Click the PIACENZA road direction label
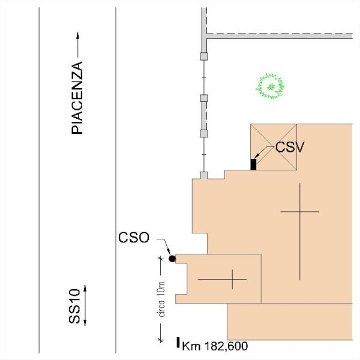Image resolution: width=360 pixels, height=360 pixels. point(77,98)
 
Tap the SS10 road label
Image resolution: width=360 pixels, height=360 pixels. point(74,306)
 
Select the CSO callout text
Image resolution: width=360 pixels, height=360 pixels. point(134,238)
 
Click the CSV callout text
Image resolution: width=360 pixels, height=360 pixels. point(290,147)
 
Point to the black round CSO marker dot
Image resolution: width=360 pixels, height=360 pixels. point(172,259)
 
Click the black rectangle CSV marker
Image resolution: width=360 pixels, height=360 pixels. point(253,164)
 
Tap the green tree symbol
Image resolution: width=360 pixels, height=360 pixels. point(270,86)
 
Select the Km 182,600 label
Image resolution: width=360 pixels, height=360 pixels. point(215,346)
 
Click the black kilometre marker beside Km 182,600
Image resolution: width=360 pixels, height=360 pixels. point(178,343)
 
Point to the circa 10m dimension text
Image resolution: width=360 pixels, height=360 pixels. point(161,299)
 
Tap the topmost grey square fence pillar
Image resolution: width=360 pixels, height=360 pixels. point(204,56)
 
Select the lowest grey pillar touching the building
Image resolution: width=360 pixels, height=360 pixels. point(204,175)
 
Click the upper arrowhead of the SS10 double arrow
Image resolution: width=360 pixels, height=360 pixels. point(85,288)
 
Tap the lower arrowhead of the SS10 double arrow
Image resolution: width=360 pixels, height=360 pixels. point(85,323)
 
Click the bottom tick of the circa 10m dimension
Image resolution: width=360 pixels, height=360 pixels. point(161,340)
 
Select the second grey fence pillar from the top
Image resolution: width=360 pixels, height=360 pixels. point(204,98)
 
